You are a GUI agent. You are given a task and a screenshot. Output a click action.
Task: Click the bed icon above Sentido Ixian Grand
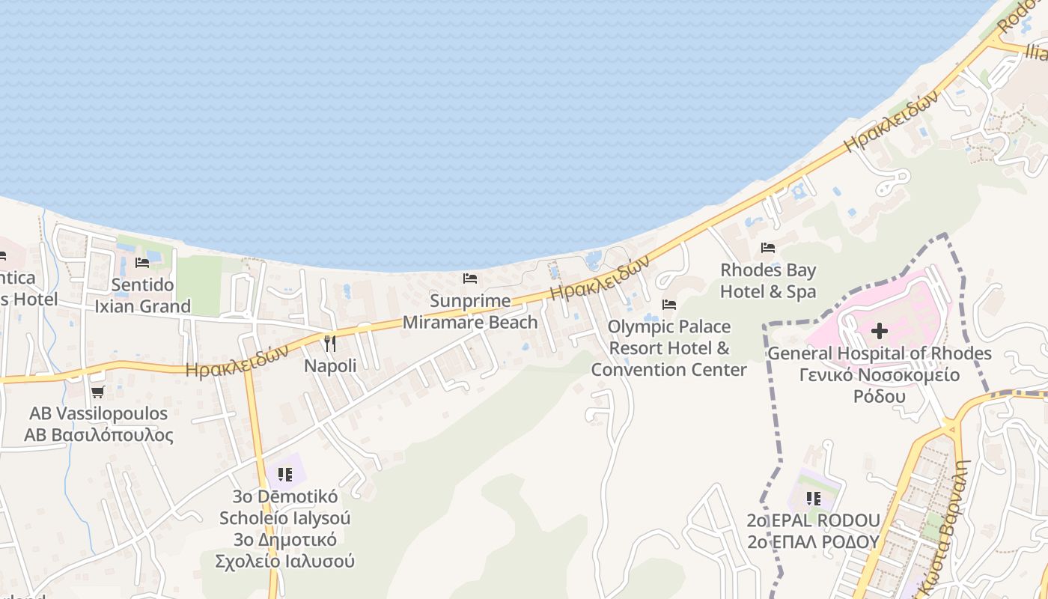(142, 263)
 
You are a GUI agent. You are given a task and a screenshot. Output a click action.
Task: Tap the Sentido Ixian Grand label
(142, 296)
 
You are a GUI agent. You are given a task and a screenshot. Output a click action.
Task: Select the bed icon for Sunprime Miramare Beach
(470, 279)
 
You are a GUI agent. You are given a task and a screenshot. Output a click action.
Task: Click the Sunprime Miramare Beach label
(470, 311)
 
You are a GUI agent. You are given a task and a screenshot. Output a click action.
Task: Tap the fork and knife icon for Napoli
(329, 344)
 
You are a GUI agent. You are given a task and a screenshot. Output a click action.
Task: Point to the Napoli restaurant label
(330, 365)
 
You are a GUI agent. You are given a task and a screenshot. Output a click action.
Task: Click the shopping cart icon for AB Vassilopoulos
(97, 392)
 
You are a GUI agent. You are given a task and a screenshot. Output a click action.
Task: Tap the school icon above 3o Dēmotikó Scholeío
(284, 474)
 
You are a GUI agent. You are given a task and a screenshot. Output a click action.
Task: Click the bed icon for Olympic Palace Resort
(669, 305)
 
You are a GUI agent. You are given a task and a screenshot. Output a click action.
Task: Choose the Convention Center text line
(668, 370)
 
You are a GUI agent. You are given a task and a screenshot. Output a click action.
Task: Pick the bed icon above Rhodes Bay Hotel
(768, 248)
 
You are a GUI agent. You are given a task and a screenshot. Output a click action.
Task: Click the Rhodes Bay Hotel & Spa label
(768, 281)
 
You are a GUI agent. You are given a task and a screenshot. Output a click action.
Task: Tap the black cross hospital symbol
(880, 330)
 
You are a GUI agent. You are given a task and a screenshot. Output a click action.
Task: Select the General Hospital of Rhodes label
(880, 353)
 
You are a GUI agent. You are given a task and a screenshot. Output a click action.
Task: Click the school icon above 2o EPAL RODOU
(814, 498)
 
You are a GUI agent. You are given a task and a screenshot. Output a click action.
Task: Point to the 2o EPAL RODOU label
(813, 520)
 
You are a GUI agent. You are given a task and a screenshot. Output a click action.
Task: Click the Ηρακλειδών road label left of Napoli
(237, 361)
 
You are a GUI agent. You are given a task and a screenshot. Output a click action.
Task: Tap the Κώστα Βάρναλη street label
(947, 528)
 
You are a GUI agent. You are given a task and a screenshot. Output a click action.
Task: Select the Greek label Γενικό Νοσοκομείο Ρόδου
(880, 386)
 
